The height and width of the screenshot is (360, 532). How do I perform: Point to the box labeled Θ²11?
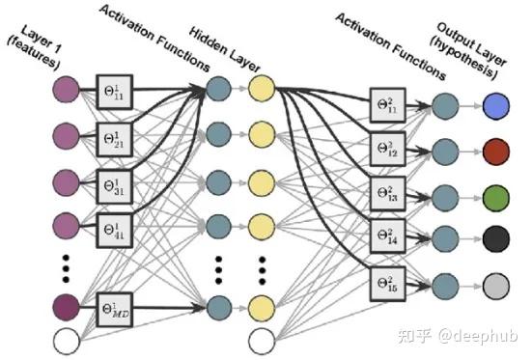pos(386,105)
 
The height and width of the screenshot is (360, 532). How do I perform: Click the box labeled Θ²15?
pos(386,283)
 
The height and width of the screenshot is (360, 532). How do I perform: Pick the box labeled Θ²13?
pos(386,194)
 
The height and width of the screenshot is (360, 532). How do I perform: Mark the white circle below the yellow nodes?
pos(261,341)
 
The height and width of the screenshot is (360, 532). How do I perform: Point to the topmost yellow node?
pos(261,90)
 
